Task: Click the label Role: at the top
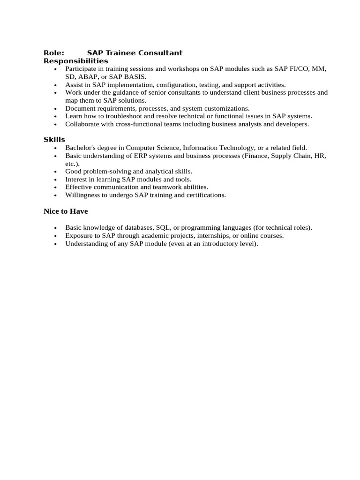(54, 53)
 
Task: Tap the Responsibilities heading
(76, 61)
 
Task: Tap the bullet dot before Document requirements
(55, 109)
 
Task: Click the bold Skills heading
(54, 140)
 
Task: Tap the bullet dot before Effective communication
(55, 187)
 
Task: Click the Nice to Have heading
(66, 211)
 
